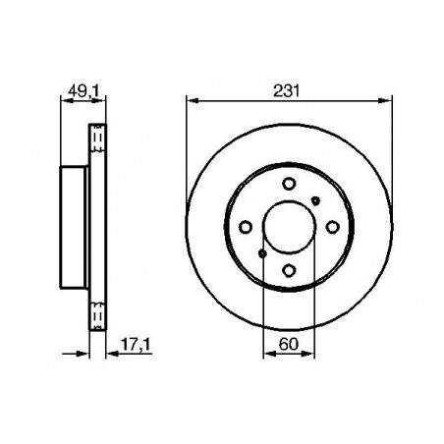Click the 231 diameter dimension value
(286, 90)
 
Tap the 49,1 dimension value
(83, 90)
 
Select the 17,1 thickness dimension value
(136, 344)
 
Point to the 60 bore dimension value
(289, 344)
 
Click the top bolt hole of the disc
(289, 184)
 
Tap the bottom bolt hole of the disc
(289, 270)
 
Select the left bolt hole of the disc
(246, 227)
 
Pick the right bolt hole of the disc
(332, 227)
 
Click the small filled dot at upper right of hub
(315, 200)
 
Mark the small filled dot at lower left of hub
(262, 253)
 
